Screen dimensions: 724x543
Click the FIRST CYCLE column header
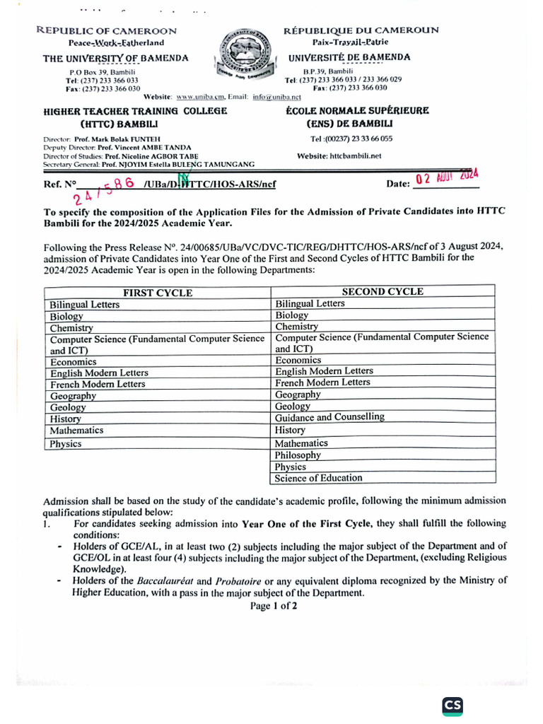158,293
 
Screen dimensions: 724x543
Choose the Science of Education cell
318,479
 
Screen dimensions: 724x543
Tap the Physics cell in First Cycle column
66,444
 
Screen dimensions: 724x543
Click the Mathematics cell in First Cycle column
77,430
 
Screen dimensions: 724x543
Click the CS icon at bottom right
452,706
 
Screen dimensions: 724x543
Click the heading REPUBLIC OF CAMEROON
106,31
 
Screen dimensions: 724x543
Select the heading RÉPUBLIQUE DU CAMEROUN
361,30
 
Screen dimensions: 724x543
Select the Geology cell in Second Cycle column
292,407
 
